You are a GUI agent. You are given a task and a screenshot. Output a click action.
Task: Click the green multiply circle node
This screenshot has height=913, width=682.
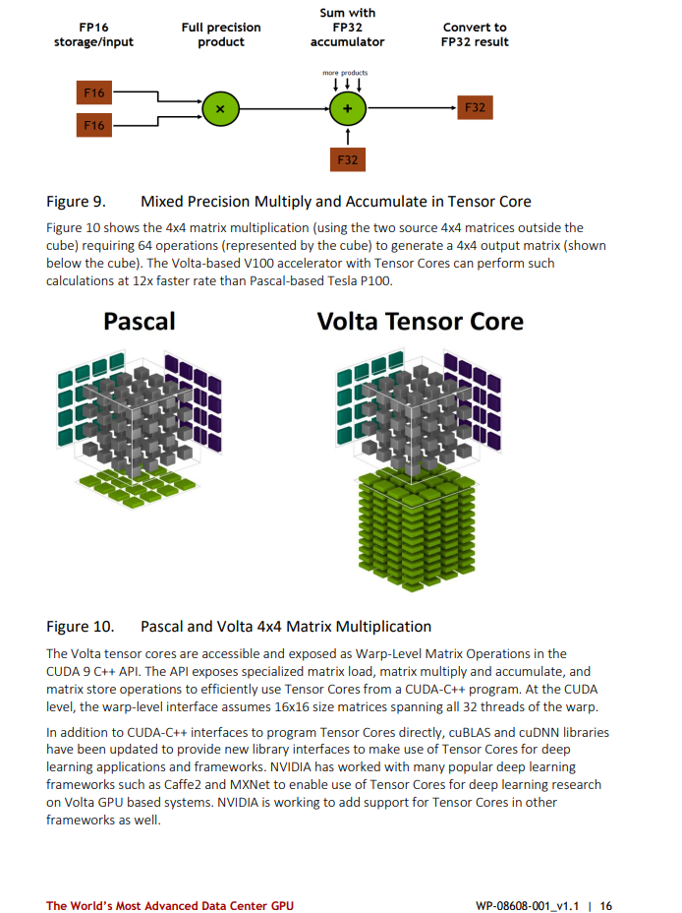(x=219, y=107)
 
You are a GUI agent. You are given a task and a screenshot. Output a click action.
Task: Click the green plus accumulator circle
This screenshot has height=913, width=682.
(x=346, y=107)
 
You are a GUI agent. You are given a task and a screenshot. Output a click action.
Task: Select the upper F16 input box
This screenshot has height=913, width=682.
(x=94, y=93)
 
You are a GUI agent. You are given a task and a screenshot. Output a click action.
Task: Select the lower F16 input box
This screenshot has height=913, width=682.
(x=94, y=125)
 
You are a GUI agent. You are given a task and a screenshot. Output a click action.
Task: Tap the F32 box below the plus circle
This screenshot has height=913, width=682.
(x=347, y=158)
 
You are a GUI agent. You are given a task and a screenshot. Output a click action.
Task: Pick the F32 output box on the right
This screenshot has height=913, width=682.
(x=475, y=107)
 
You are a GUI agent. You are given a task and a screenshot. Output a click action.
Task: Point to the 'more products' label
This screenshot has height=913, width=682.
(x=345, y=73)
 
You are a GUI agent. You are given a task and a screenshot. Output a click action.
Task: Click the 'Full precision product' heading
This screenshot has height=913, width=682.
(x=220, y=34)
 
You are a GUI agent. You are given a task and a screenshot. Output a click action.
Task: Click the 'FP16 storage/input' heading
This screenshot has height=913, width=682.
(x=93, y=34)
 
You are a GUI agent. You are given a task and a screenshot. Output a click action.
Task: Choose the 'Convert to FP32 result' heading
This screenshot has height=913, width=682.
(x=475, y=34)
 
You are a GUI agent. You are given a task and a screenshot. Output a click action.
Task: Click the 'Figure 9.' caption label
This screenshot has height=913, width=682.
(x=76, y=202)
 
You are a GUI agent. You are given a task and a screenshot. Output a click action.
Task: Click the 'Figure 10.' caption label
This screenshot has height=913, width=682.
(x=80, y=626)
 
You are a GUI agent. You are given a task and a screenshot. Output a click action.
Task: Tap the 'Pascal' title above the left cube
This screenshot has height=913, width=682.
(x=140, y=321)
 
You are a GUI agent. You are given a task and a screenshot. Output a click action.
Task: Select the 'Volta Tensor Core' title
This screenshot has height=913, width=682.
(x=421, y=321)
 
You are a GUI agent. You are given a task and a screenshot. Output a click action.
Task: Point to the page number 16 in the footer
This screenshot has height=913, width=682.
(x=605, y=905)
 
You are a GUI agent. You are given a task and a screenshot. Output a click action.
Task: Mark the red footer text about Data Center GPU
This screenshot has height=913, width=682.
(x=169, y=905)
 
